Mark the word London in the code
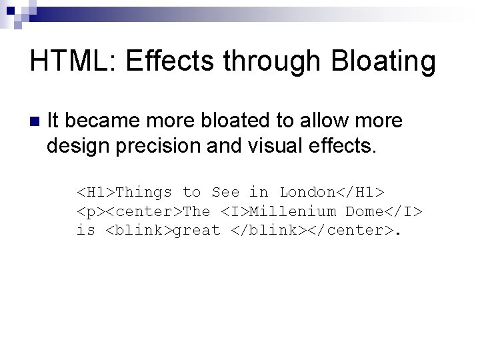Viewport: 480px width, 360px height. (x=307, y=193)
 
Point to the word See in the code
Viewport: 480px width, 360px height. (x=225, y=193)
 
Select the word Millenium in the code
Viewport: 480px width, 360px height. (x=293, y=212)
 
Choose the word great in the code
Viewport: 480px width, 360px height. (x=197, y=231)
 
